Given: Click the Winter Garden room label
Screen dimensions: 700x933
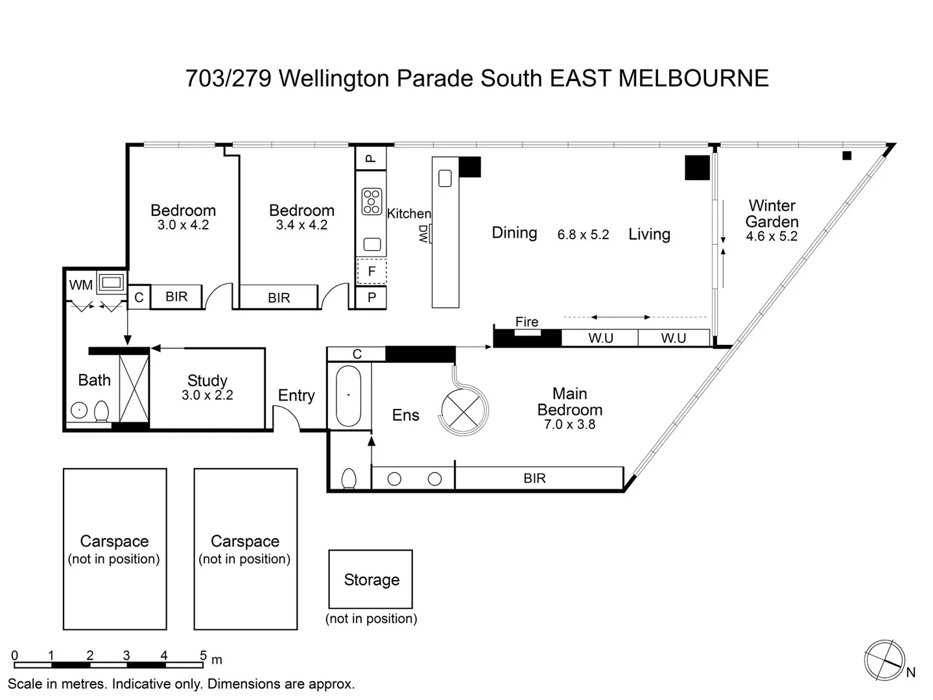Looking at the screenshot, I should point(772,214).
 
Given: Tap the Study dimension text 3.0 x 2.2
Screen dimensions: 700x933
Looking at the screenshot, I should point(207,395).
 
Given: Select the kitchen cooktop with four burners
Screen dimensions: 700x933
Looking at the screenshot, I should point(372,201).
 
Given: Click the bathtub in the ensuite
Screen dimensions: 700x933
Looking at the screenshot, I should point(348,396).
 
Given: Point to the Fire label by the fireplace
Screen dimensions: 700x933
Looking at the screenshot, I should point(526,322).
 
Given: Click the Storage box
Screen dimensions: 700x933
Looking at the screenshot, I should point(371,579).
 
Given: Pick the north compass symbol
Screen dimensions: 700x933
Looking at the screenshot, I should point(884,660).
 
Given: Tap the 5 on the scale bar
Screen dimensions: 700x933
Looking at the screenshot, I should point(203,655).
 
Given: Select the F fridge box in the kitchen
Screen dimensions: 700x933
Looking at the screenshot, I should point(372,272).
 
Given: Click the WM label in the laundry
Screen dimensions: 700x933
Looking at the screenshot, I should point(81,285).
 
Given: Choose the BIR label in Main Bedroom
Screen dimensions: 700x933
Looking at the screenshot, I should point(534,478).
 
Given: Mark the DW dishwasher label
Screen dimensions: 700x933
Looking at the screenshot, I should point(423,233).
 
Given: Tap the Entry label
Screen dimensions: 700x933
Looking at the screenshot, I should point(296,395).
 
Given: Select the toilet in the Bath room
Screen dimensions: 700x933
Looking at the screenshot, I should point(102,411).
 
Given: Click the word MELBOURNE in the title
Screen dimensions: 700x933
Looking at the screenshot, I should point(693,78).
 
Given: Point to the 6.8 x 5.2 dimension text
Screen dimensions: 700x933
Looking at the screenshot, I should point(583,235).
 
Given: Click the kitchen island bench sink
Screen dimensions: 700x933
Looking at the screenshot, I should point(445,178).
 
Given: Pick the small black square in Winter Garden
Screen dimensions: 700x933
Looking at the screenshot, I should point(847,156).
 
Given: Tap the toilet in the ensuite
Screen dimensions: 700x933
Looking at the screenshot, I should point(348,478).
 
